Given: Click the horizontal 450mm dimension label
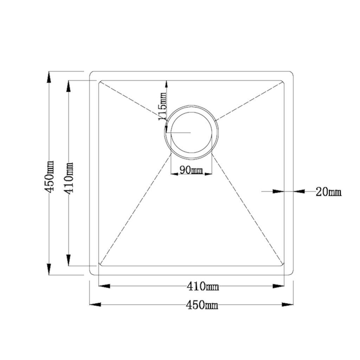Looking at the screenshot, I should point(202,305).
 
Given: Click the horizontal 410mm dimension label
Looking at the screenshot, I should point(202,287).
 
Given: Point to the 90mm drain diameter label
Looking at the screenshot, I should point(191,171).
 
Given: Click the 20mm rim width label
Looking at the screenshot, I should point(328,192).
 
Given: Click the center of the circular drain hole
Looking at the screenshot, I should point(191,133).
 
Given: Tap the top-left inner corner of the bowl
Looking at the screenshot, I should point(100,82).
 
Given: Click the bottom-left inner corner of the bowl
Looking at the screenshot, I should point(100,264).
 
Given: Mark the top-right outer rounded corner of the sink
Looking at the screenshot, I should point(291,73).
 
